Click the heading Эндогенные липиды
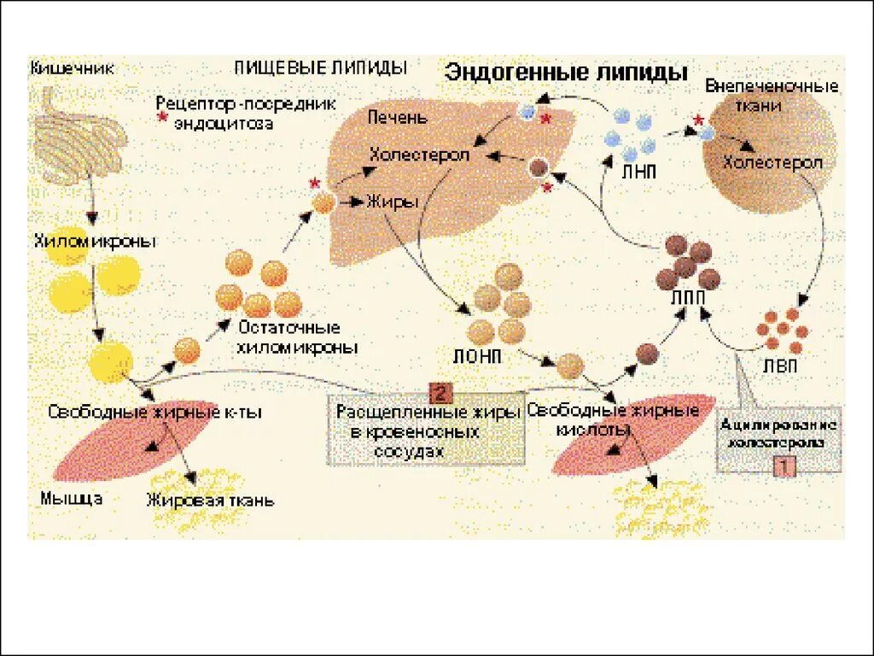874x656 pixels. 566,73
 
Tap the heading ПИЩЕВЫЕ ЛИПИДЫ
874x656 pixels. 320,67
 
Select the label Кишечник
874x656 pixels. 73,67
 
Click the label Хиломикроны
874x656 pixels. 96,241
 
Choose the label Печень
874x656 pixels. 397,117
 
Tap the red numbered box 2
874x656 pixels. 440,393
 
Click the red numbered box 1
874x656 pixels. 784,466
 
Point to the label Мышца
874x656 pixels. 72,499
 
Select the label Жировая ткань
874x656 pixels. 211,501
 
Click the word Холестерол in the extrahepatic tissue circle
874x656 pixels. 772,162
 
